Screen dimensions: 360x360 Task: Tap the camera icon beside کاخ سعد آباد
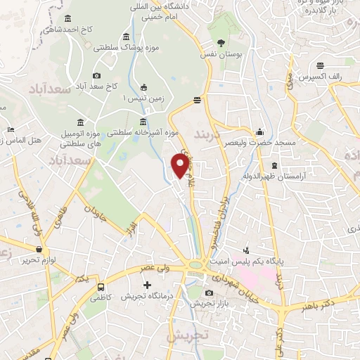coord(96,75)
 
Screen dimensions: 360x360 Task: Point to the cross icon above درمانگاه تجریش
coord(147,285)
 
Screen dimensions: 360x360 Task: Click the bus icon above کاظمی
coord(101,287)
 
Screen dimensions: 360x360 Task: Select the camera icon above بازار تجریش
coord(209,292)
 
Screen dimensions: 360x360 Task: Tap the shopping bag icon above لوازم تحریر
coord(39,248)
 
